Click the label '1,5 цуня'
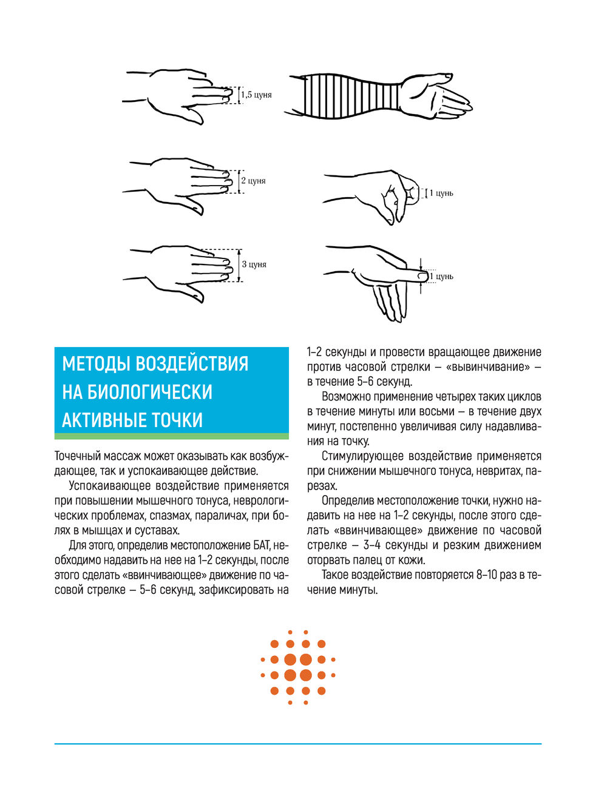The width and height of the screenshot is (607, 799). point(257,95)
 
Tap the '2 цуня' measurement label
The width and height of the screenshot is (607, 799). point(254,181)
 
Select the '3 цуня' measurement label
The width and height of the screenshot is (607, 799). point(254,265)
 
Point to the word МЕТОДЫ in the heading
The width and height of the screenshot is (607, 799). point(94,363)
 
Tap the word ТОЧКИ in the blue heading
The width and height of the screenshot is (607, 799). point(177,420)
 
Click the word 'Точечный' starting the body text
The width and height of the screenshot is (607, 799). point(76,456)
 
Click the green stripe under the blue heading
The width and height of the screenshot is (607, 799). point(171,436)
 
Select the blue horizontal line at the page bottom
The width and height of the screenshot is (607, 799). point(297,744)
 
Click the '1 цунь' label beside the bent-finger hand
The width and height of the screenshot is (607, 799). point(441,194)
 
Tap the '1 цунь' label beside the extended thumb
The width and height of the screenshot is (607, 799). point(441,277)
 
